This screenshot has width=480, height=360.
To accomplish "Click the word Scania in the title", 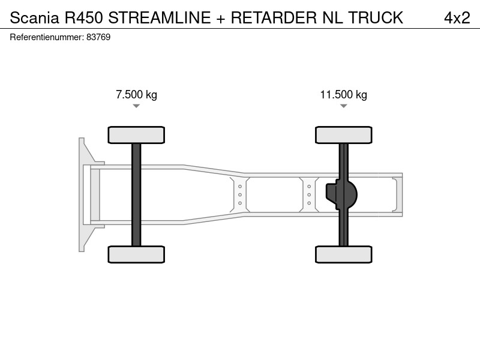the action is pyautogui.click(x=34, y=18).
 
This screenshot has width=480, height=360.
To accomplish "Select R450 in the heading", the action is pyautogui.click(x=83, y=18).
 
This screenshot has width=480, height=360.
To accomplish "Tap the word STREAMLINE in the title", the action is pyautogui.click(x=160, y=18).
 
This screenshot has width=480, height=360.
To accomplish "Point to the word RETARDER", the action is pyautogui.click(x=274, y=18).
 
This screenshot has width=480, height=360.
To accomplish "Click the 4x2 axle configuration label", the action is pyautogui.click(x=457, y=18).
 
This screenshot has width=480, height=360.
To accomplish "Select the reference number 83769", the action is pyautogui.click(x=98, y=37).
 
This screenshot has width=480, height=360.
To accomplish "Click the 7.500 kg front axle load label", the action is pyautogui.click(x=136, y=95).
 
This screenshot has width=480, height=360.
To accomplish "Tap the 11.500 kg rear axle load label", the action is pyautogui.click(x=343, y=95).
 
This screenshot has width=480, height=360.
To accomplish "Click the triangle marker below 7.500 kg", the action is pyautogui.click(x=136, y=106).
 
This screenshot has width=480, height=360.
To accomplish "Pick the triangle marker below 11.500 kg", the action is pyautogui.click(x=343, y=106).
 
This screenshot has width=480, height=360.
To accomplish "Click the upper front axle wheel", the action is pyautogui.click(x=136, y=135).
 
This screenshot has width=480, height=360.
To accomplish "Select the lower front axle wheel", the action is pyautogui.click(x=136, y=254).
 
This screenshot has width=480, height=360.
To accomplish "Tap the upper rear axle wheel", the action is pyautogui.click(x=343, y=135).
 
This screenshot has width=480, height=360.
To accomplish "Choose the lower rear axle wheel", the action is pyautogui.click(x=343, y=254).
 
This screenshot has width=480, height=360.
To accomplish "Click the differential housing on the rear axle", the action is pyautogui.click(x=341, y=194).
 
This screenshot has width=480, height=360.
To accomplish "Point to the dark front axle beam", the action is pyautogui.click(x=136, y=194).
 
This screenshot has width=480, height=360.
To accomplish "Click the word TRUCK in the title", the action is pyautogui.click(x=376, y=18).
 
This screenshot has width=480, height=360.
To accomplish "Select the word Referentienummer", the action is pyautogui.click(x=47, y=37).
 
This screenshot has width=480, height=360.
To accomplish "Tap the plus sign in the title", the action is pyautogui.click(x=221, y=19).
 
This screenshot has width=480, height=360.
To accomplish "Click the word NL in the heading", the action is pyautogui.click(x=332, y=18).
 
